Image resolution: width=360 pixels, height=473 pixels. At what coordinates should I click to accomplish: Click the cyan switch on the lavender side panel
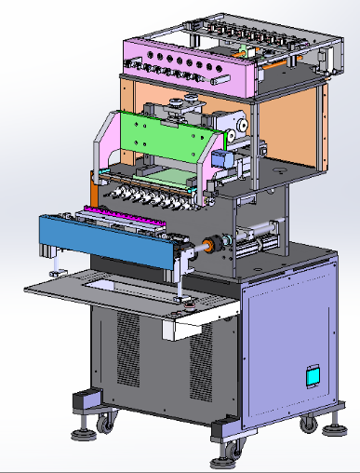pyautogui.click(x=313, y=376)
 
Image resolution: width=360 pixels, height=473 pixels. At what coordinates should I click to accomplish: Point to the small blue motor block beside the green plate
pyautogui.click(x=223, y=159)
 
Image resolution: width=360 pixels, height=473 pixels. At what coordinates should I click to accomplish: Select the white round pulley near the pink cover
pyautogui.click(x=239, y=125)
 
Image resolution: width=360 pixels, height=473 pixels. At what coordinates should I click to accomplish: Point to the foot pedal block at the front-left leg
pyautogui.click(x=86, y=400)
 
